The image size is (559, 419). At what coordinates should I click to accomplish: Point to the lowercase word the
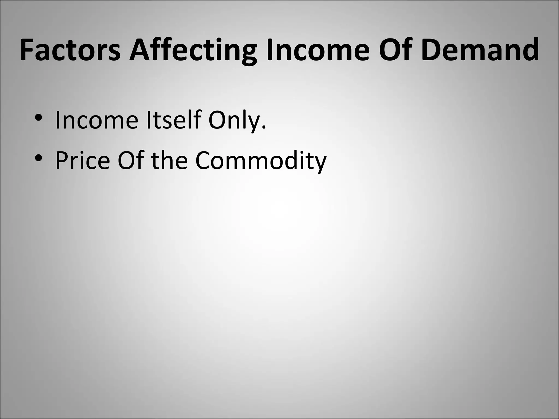[169, 160]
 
